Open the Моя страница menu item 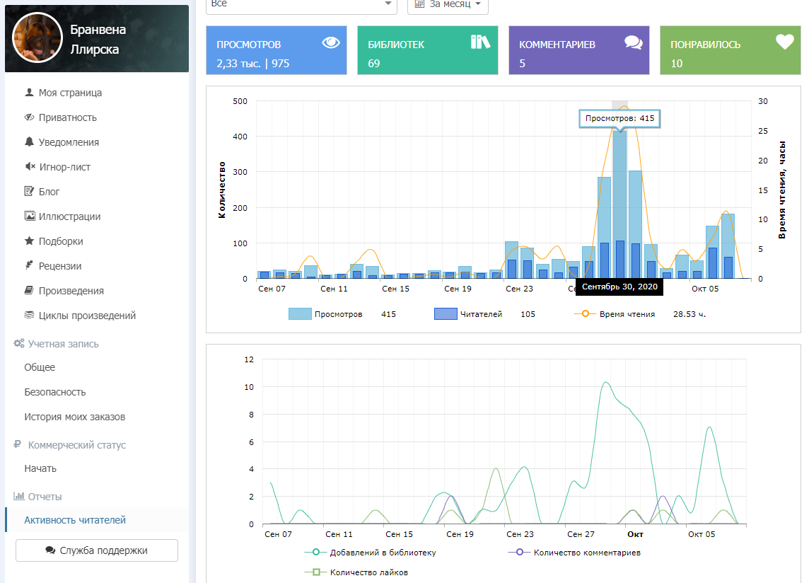pos(70,93)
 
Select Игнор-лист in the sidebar pos(64,167)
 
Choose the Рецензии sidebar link pos(60,266)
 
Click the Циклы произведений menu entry pos(87,316)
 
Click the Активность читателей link pos(75,520)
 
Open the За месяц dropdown pos(448,4)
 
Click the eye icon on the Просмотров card pos(331,42)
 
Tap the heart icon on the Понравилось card pos(785,42)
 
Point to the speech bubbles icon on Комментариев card pos(634,42)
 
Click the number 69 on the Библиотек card pos(374,64)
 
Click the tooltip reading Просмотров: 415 pos(619,118)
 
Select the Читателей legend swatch pos(446,314)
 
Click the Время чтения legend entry pos(627,314)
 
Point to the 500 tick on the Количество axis pos(240,101)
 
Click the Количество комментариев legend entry pos(588,553)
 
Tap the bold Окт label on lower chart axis pos(635,534)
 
